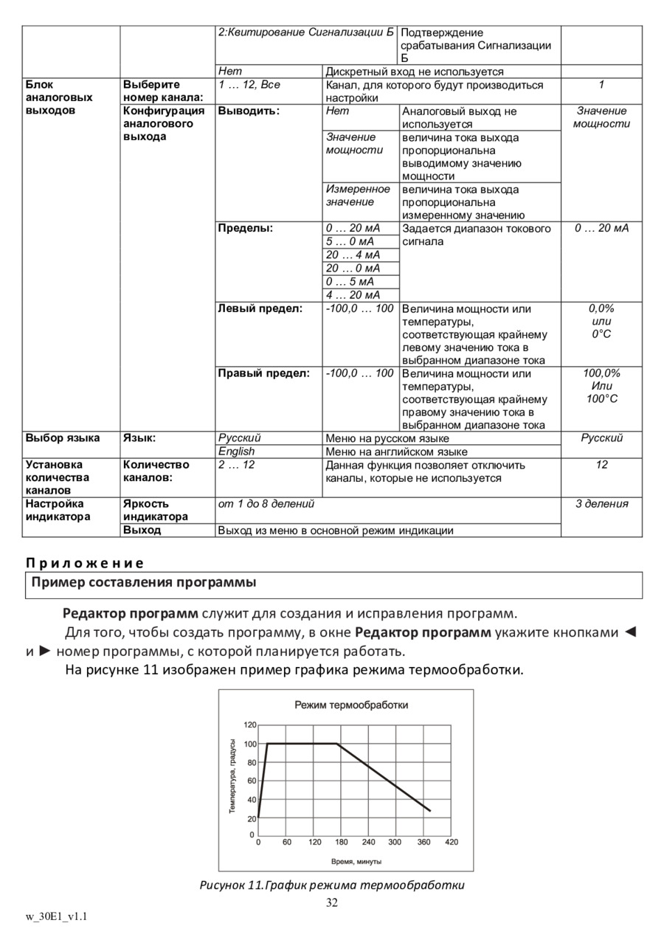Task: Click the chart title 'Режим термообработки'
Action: click(x=351, y=705)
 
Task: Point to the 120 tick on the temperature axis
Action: click(x=251, y=725)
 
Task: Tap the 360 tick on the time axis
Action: click(x=423, y=842)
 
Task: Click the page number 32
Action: click(x=332, y=903)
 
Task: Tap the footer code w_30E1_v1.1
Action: click(x=57, y=916)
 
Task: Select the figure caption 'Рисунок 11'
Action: click(x=332, y=885)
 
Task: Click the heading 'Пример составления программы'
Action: click(x=144, y=583)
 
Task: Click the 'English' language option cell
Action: click(x=236, y=452)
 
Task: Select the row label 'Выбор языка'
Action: click(x=63, y=438)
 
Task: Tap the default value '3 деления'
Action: click(x=601, y=504)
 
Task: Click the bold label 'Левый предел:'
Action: click(x=260, y=309)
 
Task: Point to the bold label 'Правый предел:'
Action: click(x=263, y=373)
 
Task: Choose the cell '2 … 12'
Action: click(x=236, y=465)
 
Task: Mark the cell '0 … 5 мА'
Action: click(x=350, y=282)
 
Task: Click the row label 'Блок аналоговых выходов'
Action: click(x=59, y=97)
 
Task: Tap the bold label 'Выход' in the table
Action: click(x=142, y=530)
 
